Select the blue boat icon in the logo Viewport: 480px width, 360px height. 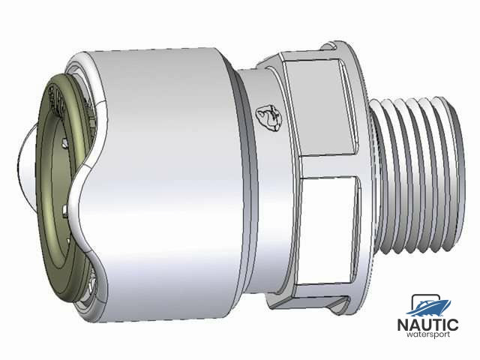click(x=430, y=305)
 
